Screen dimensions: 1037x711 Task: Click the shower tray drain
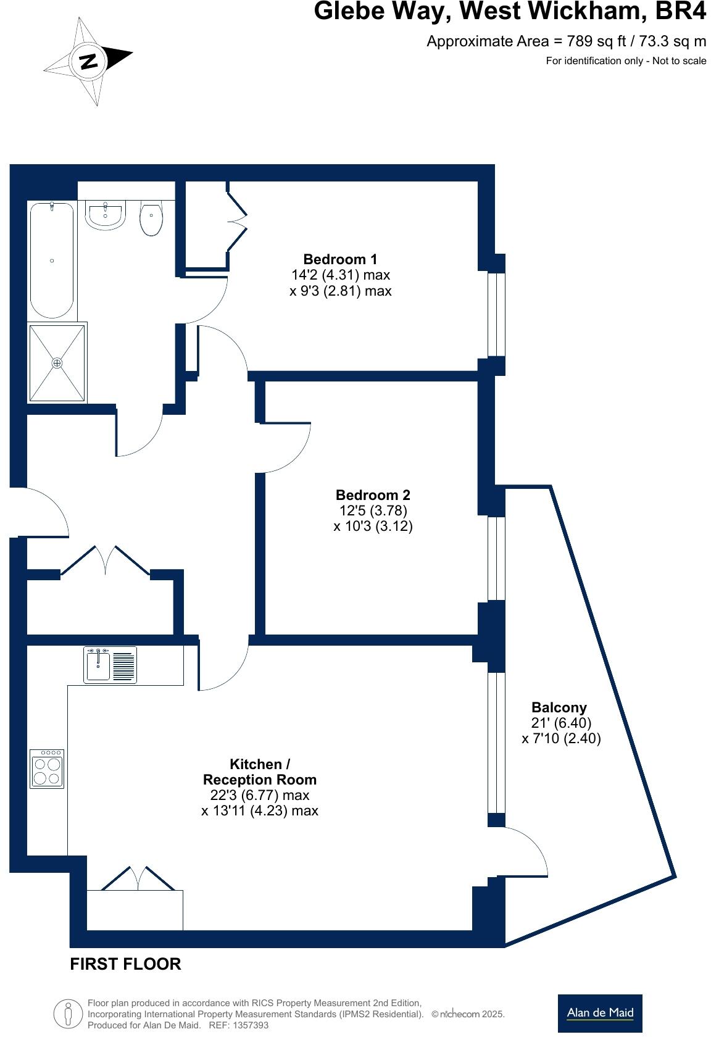57,363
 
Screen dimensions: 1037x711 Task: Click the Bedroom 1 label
340,259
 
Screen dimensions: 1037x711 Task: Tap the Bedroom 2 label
373,495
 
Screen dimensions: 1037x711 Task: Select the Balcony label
559,707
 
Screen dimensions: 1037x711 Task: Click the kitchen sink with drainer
110,665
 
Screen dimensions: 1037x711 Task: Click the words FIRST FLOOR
125,964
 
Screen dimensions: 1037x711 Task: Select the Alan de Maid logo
599,1013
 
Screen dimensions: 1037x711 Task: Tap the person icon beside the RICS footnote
67,1013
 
